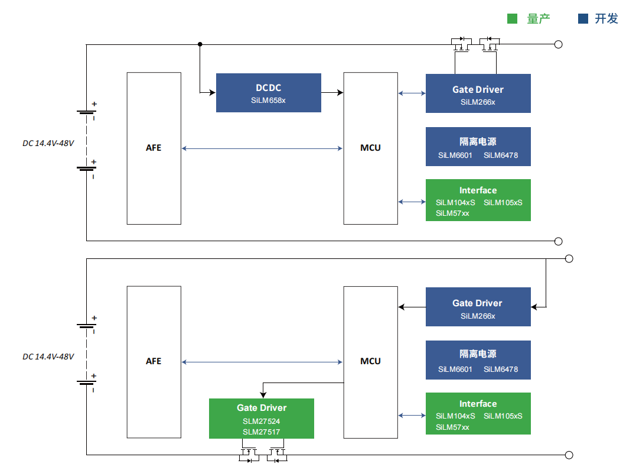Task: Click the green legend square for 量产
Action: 513,19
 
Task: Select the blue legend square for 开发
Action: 583,19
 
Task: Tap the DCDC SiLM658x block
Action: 268,93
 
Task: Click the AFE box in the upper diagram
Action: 154,148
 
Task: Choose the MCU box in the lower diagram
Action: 370,361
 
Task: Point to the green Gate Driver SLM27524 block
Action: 261,418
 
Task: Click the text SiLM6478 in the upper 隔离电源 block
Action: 501,155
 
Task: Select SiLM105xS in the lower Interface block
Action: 503,416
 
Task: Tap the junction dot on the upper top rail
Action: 200,44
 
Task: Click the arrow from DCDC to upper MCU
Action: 332,92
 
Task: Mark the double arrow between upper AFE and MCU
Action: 262,148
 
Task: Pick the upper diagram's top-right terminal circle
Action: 558,44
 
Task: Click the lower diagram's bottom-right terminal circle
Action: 569,455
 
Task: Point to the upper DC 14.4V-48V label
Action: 48,143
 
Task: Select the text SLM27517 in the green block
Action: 261,432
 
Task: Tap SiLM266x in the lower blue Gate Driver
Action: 478,316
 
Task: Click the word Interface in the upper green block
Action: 478,190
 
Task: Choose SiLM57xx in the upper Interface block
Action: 452,213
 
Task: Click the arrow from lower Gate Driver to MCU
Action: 412,307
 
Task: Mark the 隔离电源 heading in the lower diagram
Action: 478,354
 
